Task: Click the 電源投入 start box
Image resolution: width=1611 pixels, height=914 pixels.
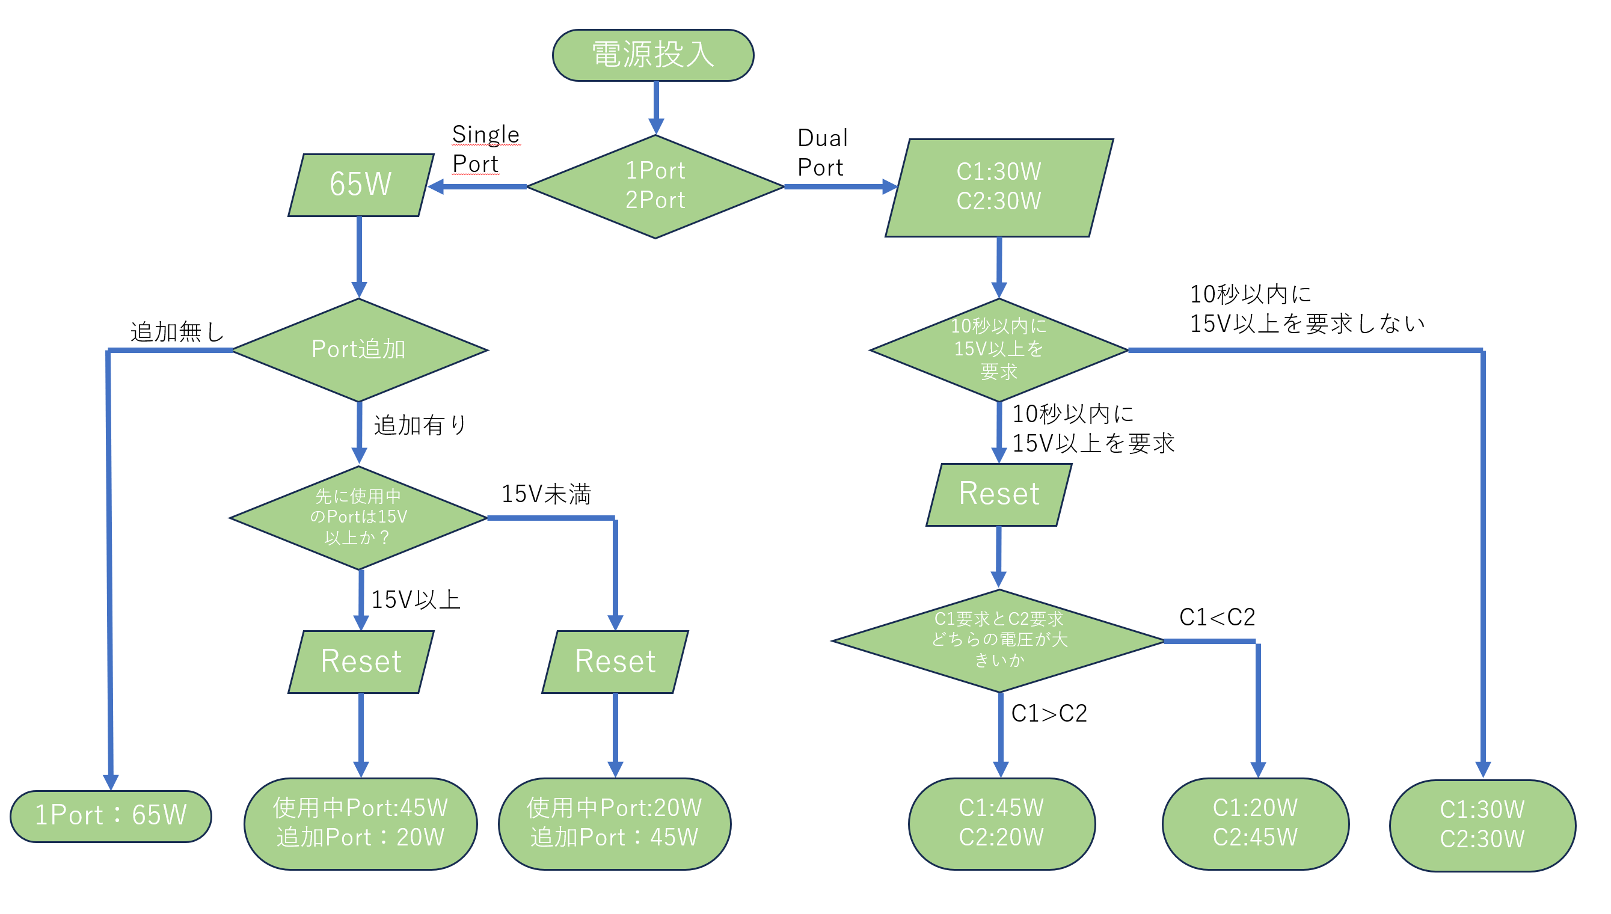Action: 652,55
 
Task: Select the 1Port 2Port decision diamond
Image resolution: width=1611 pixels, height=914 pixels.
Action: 655,186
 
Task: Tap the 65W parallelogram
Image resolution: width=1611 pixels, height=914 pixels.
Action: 360,185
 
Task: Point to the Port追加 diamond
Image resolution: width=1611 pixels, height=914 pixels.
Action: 358,349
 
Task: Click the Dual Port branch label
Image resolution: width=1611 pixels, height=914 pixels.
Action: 821,153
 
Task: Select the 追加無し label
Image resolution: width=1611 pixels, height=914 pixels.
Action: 176,331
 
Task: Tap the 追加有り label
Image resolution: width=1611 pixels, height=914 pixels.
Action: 420,425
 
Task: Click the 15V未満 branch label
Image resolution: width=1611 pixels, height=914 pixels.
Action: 545,494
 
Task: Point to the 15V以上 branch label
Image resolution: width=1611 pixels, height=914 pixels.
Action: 416,600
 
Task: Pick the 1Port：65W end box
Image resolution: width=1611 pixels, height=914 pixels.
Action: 111,815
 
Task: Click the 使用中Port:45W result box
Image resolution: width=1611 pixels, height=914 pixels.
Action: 360,823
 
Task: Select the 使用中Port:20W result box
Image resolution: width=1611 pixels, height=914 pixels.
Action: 614,823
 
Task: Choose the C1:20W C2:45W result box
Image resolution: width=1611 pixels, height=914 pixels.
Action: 1254,823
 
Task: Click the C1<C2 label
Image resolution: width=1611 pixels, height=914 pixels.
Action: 1217,617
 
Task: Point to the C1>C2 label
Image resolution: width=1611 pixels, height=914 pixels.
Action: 1048,714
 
